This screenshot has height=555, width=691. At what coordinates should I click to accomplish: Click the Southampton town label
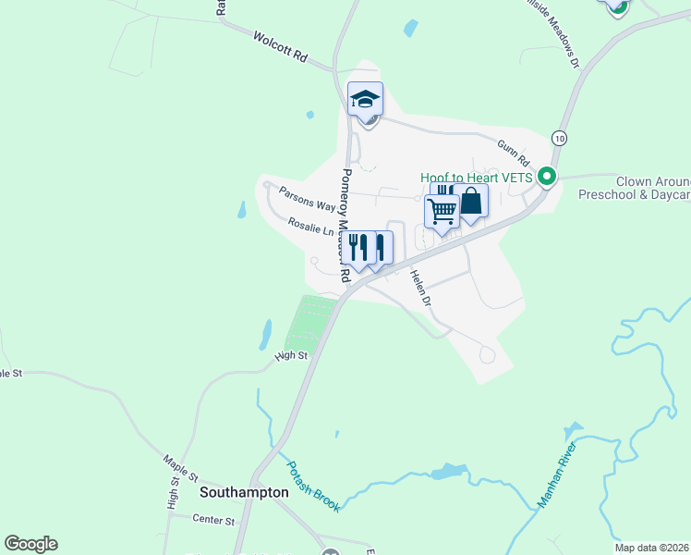pos(244,493)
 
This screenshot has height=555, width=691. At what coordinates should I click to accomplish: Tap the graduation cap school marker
pos(365,98)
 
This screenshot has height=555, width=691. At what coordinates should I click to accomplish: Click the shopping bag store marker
pos(470,201)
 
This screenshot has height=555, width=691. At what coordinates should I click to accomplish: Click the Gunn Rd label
pos(510,148)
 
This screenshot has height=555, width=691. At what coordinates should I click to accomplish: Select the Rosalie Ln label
pos(310,227)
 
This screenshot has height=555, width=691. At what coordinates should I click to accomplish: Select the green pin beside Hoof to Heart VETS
pos(546,175)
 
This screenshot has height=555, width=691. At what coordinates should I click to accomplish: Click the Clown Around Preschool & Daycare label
pos(634,189)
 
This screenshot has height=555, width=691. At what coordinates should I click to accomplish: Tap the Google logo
pos(30,544)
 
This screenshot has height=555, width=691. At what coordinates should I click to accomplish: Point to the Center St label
pos(213,521)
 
